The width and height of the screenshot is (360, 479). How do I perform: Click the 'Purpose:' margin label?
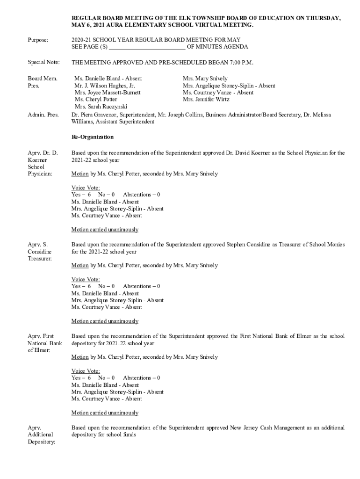pos(38,40)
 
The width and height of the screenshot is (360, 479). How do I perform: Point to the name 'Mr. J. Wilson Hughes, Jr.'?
pos(105,86)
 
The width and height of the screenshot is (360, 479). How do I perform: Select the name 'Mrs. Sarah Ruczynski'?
pos(101,106)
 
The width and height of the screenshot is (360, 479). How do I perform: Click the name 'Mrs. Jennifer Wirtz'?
pos(206,99)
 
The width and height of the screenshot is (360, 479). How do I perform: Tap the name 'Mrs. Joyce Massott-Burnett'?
pos(108,93)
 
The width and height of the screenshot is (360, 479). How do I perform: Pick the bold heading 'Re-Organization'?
pos(92,138)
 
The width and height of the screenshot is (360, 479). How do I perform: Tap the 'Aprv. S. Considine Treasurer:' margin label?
pos(40,251)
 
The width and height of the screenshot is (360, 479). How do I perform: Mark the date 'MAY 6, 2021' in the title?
pos(87,25)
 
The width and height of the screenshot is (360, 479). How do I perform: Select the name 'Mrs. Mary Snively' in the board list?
pos(205,79)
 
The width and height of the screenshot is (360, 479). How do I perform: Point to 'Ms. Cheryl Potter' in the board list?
pos(96,99)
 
